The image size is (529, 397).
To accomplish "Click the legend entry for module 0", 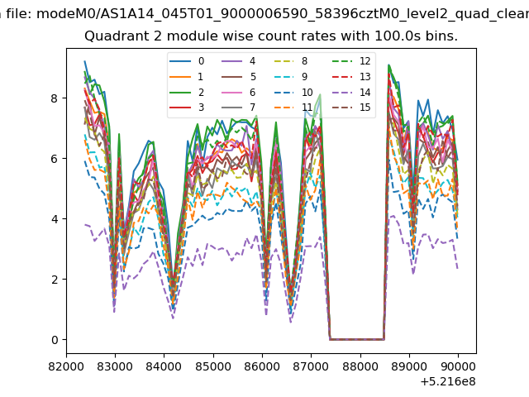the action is click(x=187, y=61).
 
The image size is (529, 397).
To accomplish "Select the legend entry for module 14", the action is click(x=351, y=92).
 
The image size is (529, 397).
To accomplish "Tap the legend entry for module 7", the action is click(x=239, y=108).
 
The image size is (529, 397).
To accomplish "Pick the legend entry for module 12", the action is click(x=351, y=61).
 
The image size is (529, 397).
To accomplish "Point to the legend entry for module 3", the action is click(x=187, y=108).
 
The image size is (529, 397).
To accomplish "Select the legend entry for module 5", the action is click(x=239, y=77).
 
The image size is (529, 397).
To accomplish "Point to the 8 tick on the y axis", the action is click(x=55, y=98).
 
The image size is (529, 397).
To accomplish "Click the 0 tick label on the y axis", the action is click(x=55, y=340).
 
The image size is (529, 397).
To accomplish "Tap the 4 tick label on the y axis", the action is click(x=55, y=219).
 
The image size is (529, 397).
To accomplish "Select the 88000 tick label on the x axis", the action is click(x=360, y=366).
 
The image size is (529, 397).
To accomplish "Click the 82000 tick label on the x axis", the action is click(x=66, y=366).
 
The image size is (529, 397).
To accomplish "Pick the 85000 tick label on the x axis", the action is click(x=213, y=366).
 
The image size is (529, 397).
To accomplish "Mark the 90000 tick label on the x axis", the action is click(x=458, y=366).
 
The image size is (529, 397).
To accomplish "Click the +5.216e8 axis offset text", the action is click(x=448, y=382).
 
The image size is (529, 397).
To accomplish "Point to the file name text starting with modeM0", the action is click(x=283, y=14).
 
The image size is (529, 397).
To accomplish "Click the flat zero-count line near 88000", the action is click(x=357, y=339).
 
